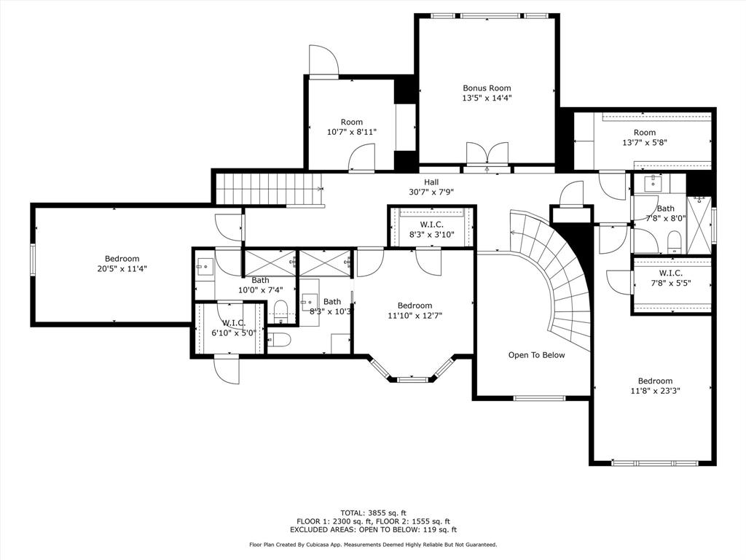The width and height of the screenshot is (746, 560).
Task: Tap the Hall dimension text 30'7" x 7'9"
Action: pos(431,192)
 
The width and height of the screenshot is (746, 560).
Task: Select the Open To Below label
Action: pos(536,355)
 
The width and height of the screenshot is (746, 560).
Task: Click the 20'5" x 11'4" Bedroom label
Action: pos(122,264)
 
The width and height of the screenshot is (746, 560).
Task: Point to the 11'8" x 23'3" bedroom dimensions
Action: pos(655,391)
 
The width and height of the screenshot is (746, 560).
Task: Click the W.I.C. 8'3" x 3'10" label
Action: pos(431,230)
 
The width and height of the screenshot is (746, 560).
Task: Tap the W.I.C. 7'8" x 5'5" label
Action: pos(671,278)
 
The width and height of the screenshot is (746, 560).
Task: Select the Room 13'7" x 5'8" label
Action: pos(645,137)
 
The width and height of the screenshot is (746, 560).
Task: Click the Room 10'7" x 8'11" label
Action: pos(352,127)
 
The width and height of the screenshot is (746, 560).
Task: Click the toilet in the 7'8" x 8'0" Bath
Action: pos(674,242)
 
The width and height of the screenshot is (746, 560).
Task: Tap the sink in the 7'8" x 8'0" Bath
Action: pos(653,183)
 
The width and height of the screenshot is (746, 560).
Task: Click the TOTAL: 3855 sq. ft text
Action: pos(373,513)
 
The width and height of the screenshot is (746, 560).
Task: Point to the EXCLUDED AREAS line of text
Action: pos(373,529)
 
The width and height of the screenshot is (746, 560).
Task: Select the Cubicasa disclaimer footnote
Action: pos(373,544)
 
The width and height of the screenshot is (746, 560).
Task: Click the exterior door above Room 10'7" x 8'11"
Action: pos(323,61)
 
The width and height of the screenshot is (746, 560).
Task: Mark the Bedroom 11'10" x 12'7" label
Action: pos(415,311)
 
